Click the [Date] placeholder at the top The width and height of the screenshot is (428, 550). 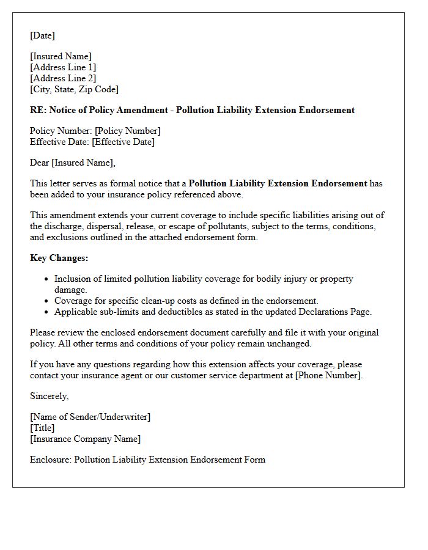click(42, 35)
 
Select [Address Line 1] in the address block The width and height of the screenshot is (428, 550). click(63, 67)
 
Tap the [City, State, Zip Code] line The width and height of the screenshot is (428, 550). click(74, 89)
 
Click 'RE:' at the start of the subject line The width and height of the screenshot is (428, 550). click(38, 110)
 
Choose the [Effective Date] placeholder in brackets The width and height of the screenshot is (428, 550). click(123, 142)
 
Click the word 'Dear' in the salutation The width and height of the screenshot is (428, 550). click(40, 163)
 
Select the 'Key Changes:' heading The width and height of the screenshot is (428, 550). click(59, 258)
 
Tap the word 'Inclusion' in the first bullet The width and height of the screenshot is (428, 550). click(73, 279)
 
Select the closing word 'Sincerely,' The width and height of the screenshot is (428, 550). click(49, 396)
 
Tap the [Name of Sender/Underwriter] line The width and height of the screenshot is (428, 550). click(90, 417)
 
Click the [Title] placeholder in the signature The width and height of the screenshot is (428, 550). click(42, 428)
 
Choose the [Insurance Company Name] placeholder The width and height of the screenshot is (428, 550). click(85, 439)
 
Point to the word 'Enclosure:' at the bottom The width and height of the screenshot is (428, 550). click(51, 460)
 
